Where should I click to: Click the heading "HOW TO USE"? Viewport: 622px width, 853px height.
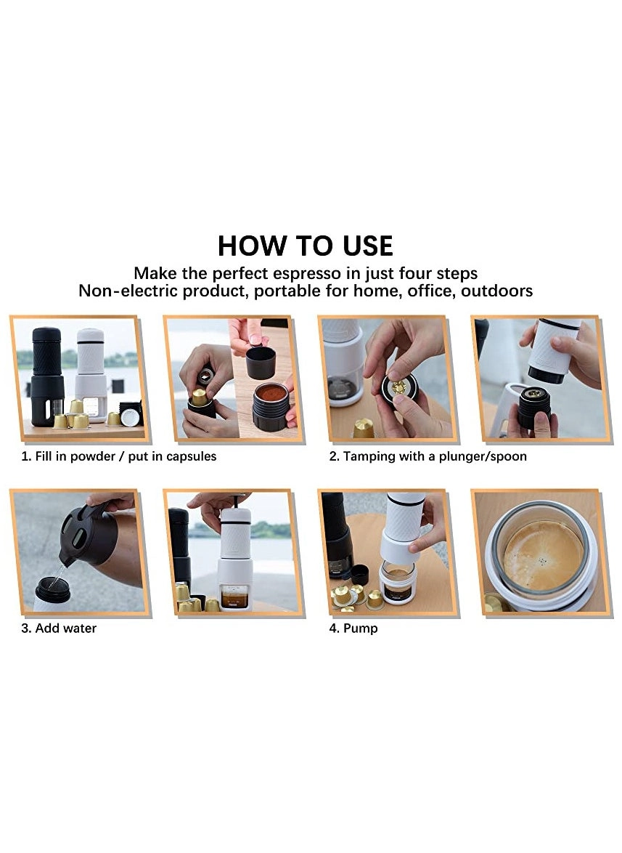(305, 246)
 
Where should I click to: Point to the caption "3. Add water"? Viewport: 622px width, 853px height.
(58, 628)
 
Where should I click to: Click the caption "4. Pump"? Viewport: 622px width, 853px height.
(353, 628)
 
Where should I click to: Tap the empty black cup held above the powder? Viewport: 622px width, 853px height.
(261, 362)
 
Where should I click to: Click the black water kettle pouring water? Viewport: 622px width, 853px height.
(91, 534)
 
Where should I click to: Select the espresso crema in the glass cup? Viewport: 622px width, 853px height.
(542, 555)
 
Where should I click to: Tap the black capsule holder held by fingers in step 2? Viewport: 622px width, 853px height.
(398, 390)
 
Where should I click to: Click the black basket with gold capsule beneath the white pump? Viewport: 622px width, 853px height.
(533, 408)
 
